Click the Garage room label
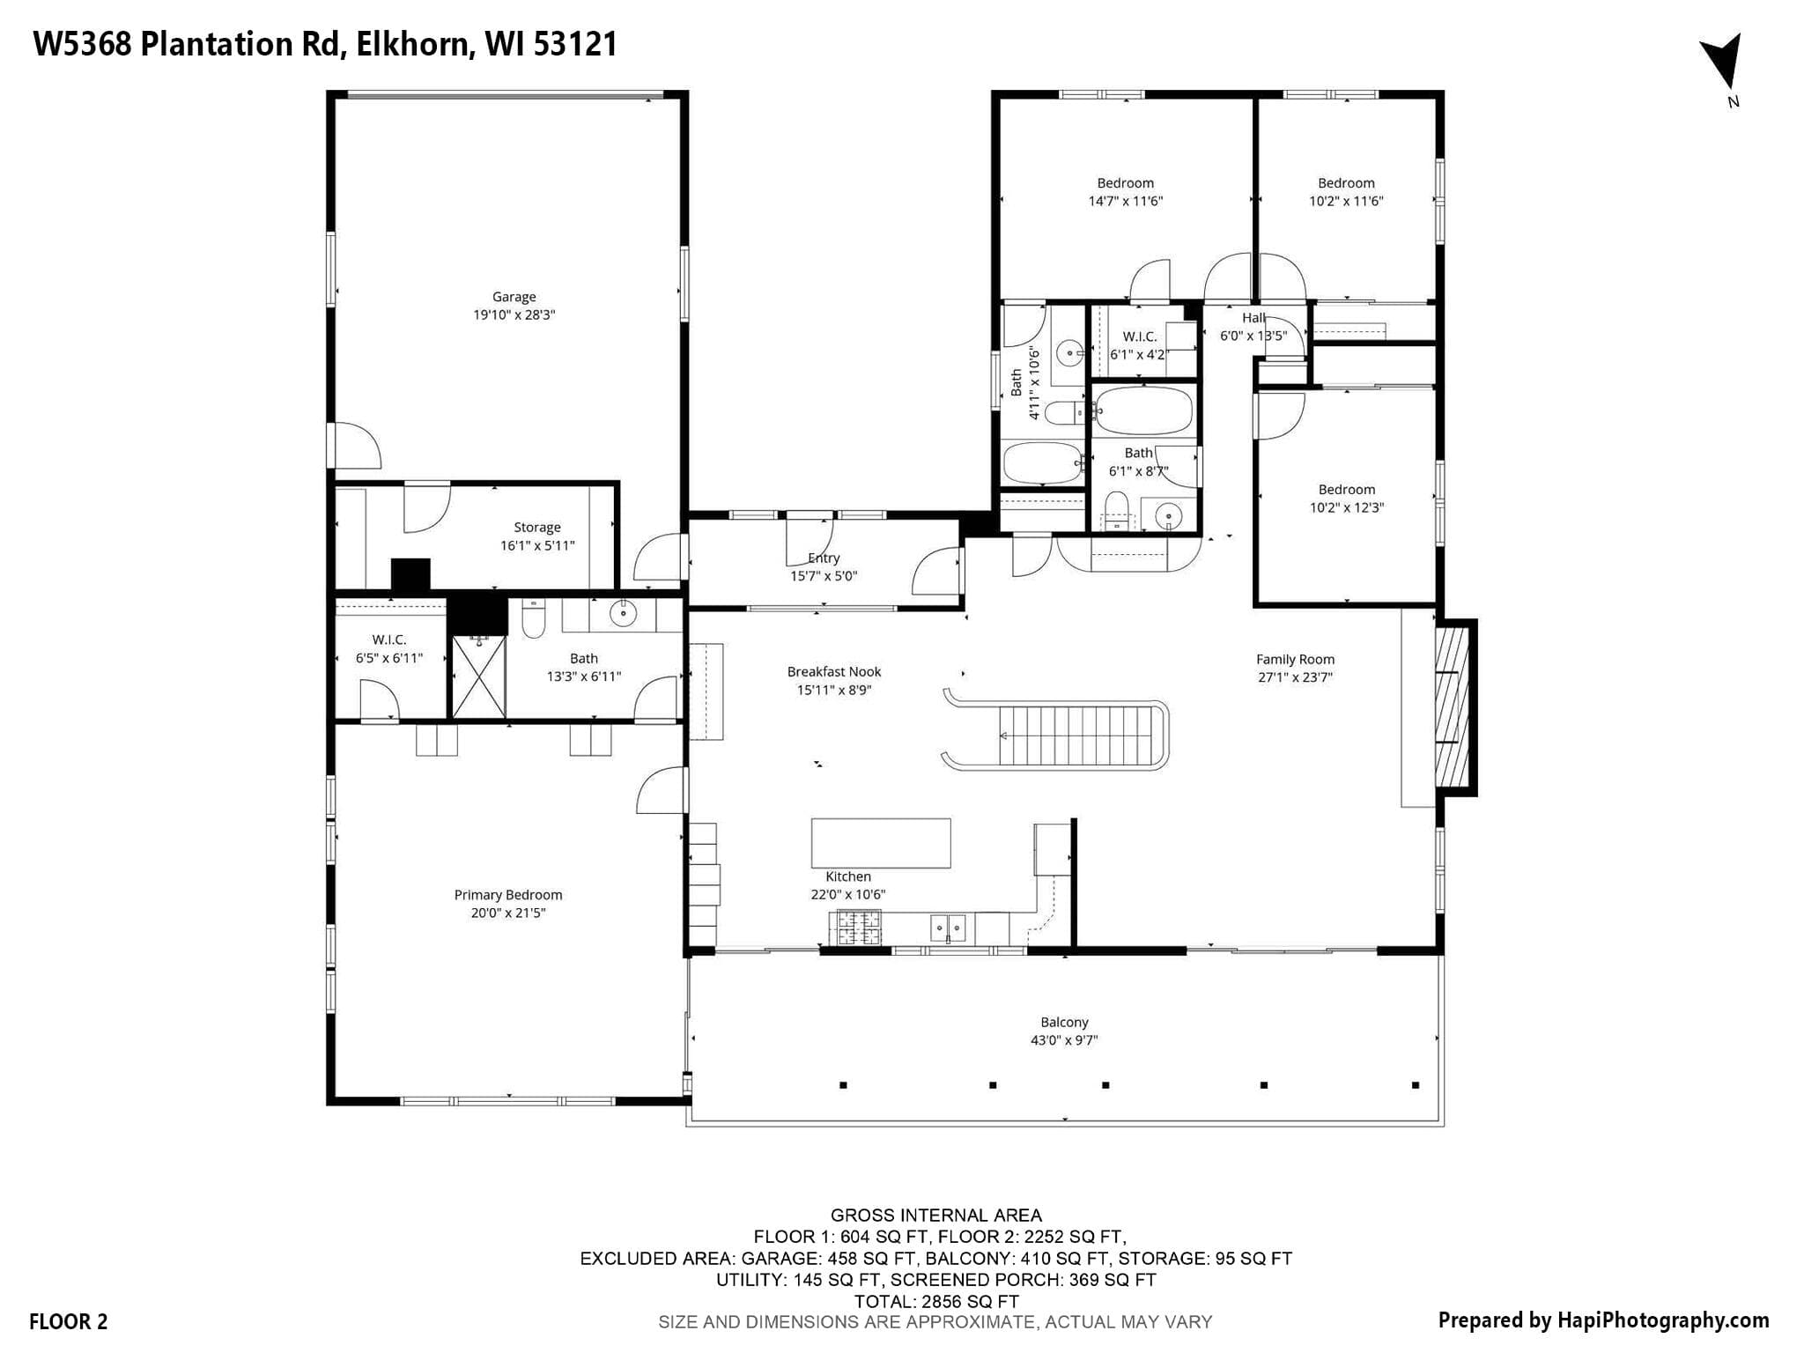514,297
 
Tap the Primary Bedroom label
508,895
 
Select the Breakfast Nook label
834,671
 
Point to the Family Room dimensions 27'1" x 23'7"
1295,677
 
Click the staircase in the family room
1056,736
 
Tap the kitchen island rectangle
881,843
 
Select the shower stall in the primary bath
479,676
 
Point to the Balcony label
1064,1022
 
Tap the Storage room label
537,528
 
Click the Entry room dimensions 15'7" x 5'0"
824,576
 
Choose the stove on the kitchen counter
855,928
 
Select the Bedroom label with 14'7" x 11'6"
1126,183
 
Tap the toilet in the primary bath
534,618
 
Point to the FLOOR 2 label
69,1321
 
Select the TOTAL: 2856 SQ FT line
936,1301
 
